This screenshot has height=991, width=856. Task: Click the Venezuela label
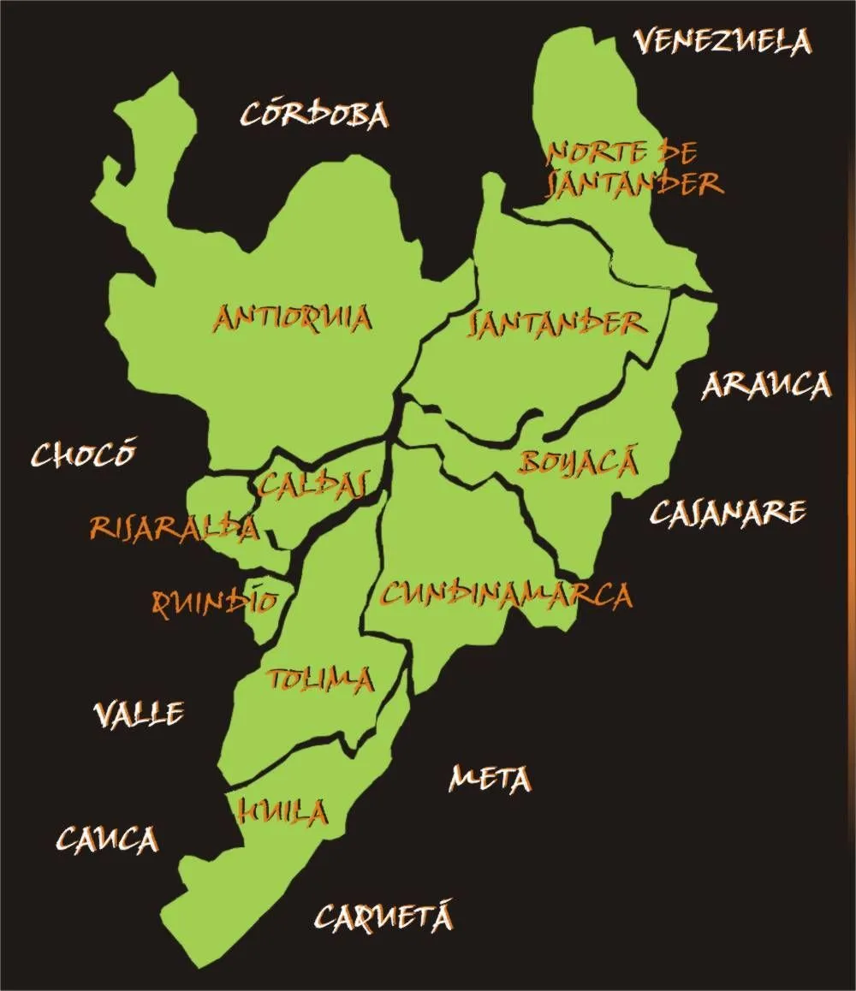point(722,41)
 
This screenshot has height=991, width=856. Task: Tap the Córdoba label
point(314,116)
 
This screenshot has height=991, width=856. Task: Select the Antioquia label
point(292,318)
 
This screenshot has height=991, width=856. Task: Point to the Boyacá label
point(579,463)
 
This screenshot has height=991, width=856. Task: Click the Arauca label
point(766,386)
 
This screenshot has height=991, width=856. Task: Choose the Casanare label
point(728,512)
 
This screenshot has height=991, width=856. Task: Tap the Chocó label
point(84,454)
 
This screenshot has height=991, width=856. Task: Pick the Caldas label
point(312,484)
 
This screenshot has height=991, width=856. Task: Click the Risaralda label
point(174,528)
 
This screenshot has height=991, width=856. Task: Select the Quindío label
point(215,602)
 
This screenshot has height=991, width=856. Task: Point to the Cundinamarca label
point(506,594)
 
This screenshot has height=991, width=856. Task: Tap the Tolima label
point(321,680)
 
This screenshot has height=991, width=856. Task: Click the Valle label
point(139,713)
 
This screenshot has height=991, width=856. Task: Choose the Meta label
point(490,779)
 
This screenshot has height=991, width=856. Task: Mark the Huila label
point(283,810)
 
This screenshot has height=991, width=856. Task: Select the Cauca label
point(108,840)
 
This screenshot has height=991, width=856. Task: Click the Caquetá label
point(383,917)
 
